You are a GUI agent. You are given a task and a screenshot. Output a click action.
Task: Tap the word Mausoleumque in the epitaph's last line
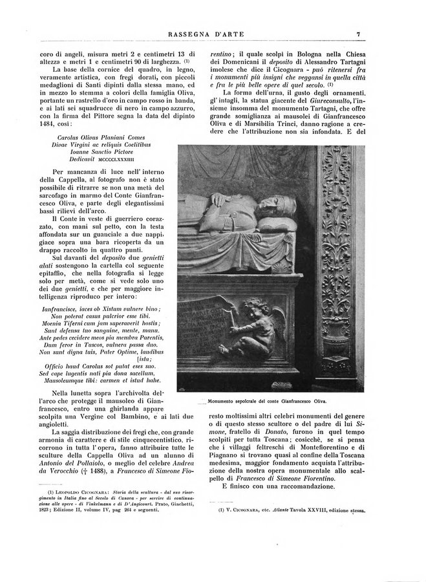click(65, 380)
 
